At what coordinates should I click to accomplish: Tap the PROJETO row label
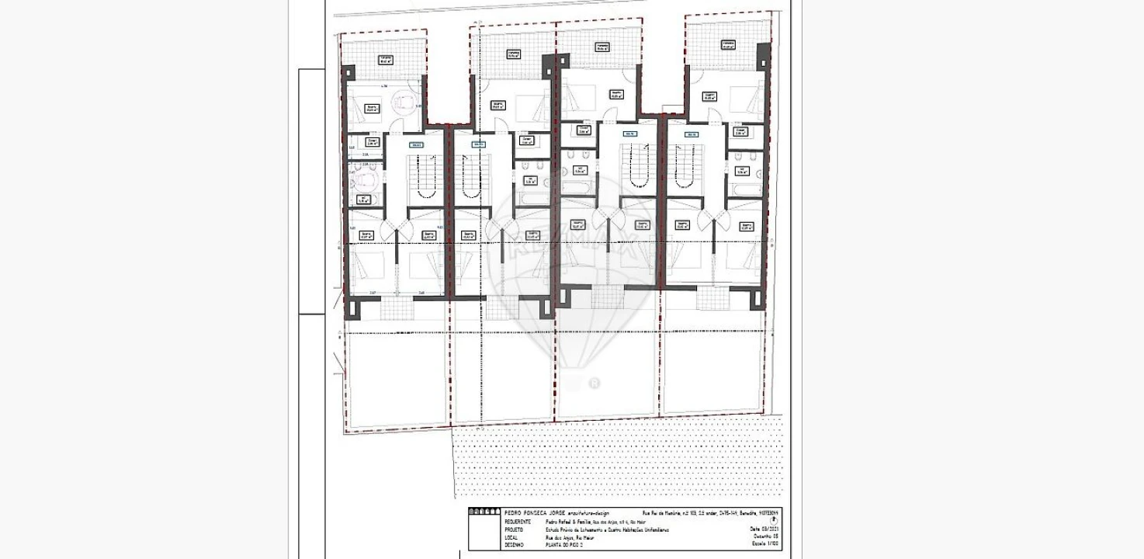coord(513,529)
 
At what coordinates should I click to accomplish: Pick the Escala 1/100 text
coord(765,545)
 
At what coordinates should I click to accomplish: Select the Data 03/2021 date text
coord(764,529)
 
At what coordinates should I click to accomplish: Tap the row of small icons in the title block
coord(484,512)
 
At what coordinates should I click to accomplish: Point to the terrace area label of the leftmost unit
coord(385,59)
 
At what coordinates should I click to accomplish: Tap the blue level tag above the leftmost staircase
coord(416,144)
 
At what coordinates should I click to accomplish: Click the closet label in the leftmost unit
coord(373,142)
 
